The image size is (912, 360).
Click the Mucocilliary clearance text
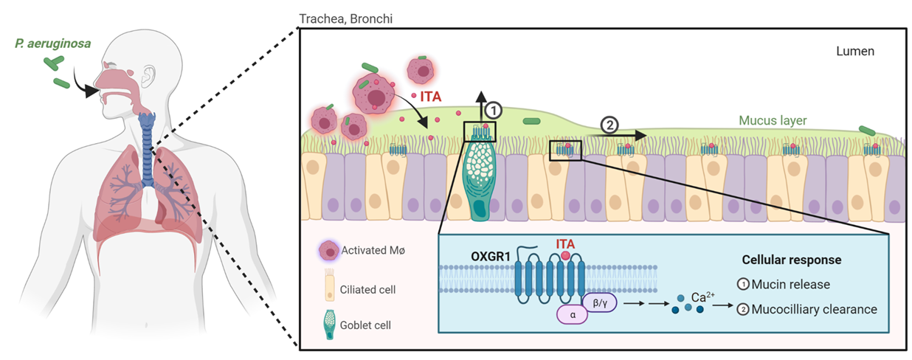[x=814, y=309]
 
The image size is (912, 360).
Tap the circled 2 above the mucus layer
[x=609, y=125]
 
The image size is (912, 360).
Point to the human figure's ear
[x=151, y=74]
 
